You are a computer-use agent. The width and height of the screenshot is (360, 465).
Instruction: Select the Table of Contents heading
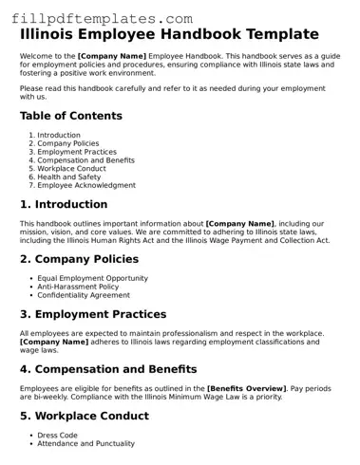tap(71, 116)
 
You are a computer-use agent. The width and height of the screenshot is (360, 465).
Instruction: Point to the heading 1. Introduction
tap(64, 204)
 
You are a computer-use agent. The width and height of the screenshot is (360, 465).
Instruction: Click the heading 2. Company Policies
tap(79, 258)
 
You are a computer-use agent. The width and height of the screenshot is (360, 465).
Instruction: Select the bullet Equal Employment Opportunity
tap(92, 277)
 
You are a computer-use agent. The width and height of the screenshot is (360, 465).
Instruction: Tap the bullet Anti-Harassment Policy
tap(78, 286)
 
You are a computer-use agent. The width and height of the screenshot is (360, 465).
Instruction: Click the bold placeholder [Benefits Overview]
tap(246, 388)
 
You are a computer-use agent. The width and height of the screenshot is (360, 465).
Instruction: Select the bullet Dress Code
tap(57, 434)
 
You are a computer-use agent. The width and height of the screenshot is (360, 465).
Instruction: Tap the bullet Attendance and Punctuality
tap(85, 442)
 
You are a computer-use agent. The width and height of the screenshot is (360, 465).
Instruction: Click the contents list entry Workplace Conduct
tap(71, 169)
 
